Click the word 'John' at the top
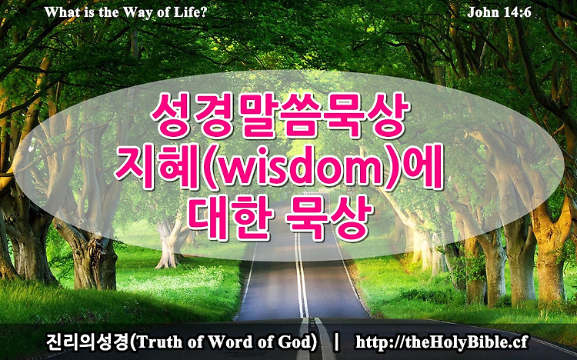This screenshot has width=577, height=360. click(480, 12)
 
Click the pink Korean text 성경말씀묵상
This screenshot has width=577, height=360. click(280, 115)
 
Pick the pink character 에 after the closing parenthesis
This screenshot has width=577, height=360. click(422, 168)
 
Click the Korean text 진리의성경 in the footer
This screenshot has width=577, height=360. click(88, 342)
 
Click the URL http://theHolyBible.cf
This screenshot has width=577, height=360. click(442, 342)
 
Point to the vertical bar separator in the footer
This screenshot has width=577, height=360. click(335, 342)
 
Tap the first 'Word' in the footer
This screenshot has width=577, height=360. click(227, 342)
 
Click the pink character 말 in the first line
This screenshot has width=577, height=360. click(258, 115)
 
